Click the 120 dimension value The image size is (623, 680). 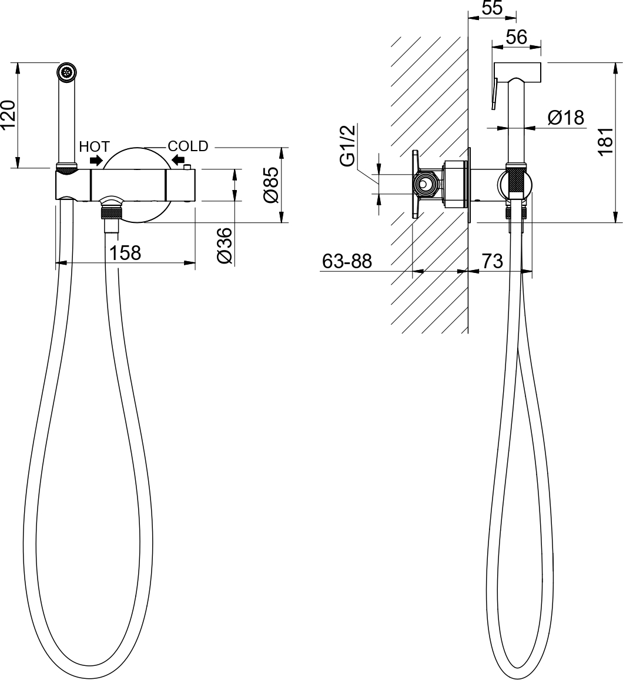[x=9, y=115]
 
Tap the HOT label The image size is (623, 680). [x=95, y=146]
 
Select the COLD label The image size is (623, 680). [x=188, y=146]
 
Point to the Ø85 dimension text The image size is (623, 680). [x=271, y=184]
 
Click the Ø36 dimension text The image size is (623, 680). [x=225, y=245]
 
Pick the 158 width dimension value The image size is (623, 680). [x=125, y=253]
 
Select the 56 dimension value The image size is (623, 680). [x=517, y=38]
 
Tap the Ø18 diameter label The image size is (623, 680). [x=565, y=118]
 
